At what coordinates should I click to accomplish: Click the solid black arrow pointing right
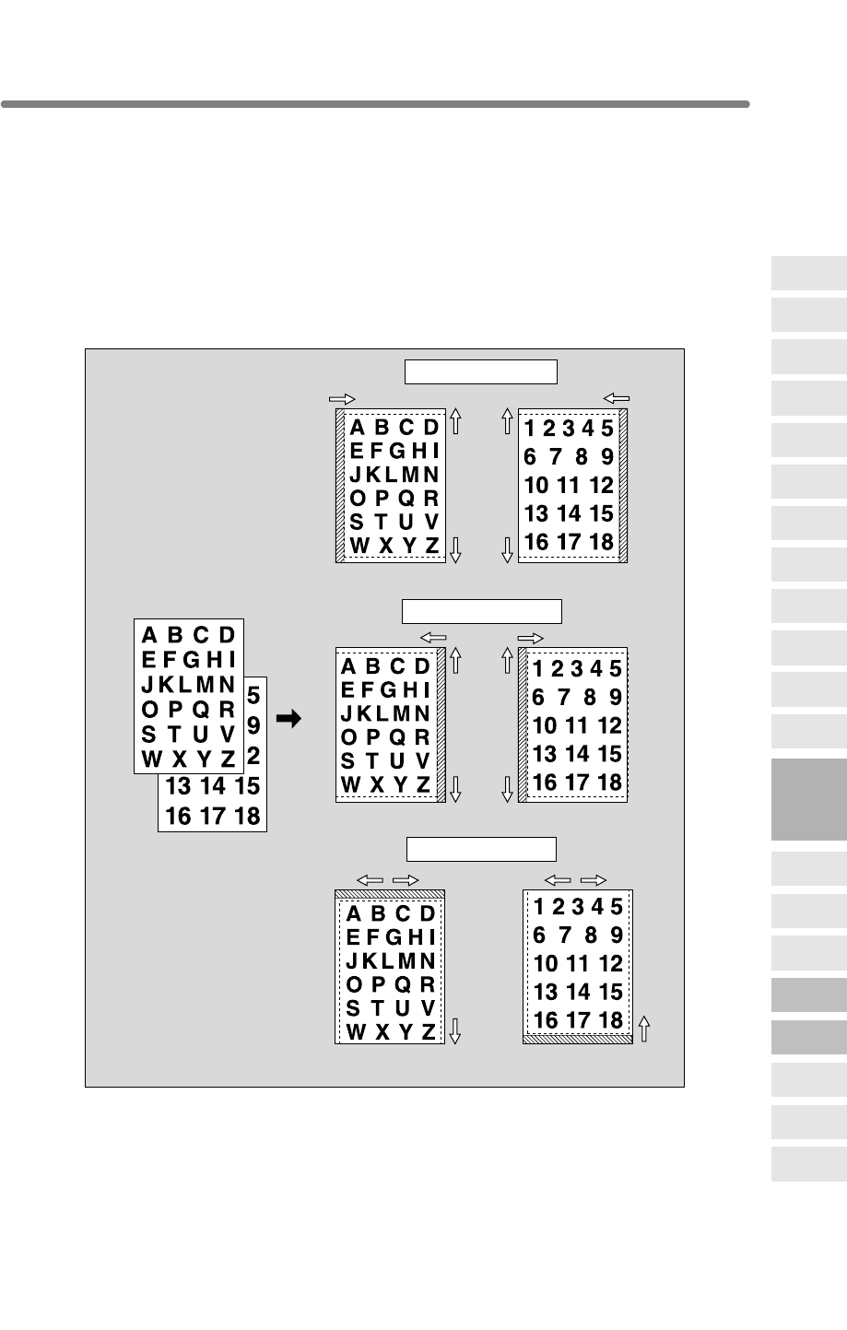288,719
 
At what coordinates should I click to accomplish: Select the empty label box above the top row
481,371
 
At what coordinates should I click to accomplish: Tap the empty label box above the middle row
481,610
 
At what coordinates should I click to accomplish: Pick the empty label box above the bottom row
481,848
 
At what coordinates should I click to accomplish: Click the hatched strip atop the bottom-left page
390,894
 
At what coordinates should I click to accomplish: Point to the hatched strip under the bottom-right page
577,1039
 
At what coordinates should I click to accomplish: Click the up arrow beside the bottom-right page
644,1028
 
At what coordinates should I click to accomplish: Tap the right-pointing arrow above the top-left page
342,399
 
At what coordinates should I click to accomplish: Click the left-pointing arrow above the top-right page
616,398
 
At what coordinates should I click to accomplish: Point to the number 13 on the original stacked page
178,786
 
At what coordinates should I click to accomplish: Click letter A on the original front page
148,635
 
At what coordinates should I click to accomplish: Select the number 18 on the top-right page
601,542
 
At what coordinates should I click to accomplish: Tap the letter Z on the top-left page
431,546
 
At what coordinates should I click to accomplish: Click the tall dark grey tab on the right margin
809,799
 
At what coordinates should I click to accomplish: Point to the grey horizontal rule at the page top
375,104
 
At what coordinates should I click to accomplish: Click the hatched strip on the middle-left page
441,724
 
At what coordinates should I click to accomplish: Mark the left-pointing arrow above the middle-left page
432,637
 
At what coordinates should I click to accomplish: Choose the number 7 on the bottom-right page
565,936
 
